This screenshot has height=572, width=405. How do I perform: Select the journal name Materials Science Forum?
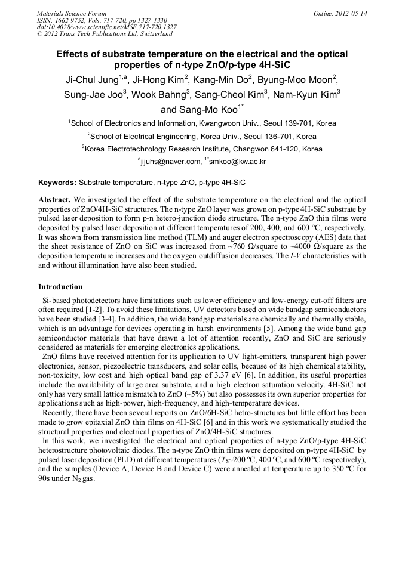pyautogui.click(x=72, y=13)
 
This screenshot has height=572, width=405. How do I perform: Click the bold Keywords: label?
pyautogui.click(x=57, y=182)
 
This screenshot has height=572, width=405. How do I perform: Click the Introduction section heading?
pyautogui.click(x=60, y=287)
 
